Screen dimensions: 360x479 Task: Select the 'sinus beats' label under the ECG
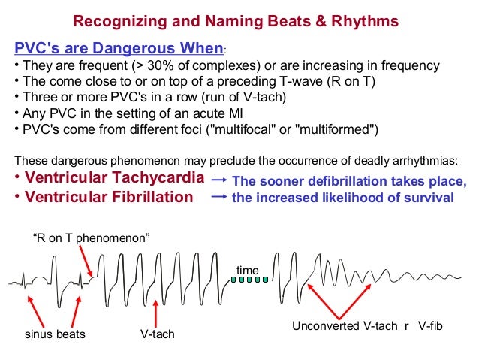tap(50, 333)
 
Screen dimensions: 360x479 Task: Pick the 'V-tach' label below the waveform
tap(157, 333)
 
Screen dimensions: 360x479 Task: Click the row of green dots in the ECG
tap(249, 280)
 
